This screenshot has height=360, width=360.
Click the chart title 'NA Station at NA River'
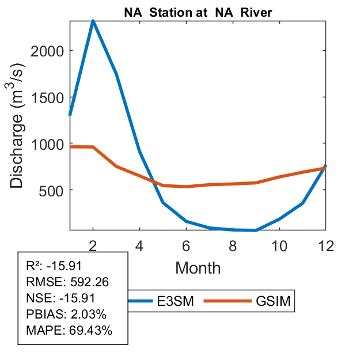point(198,12)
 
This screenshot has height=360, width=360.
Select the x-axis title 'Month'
point(198,267)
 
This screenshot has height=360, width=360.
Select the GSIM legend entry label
point(274,301)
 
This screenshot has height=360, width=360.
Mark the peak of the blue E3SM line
point(93,21)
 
